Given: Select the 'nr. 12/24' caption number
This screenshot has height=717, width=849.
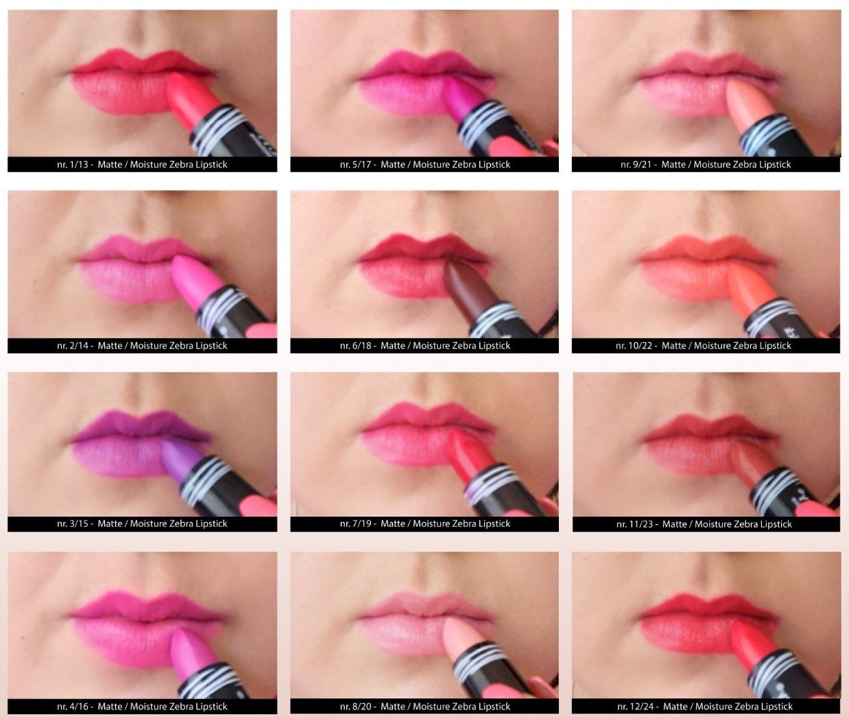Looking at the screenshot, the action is coord(636,707).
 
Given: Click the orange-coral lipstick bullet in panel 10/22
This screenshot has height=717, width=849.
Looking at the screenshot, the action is coord(751,289).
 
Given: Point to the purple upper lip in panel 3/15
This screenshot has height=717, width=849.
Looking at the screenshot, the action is coord(141,427).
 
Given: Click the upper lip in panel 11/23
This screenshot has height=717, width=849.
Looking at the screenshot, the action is coord(708,428).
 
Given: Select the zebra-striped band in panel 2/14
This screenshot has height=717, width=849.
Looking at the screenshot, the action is coord(222,305).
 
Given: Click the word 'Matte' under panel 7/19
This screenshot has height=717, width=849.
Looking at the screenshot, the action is coord(393,524).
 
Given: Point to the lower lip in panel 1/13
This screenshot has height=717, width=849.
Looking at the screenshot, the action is coord(122,93).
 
